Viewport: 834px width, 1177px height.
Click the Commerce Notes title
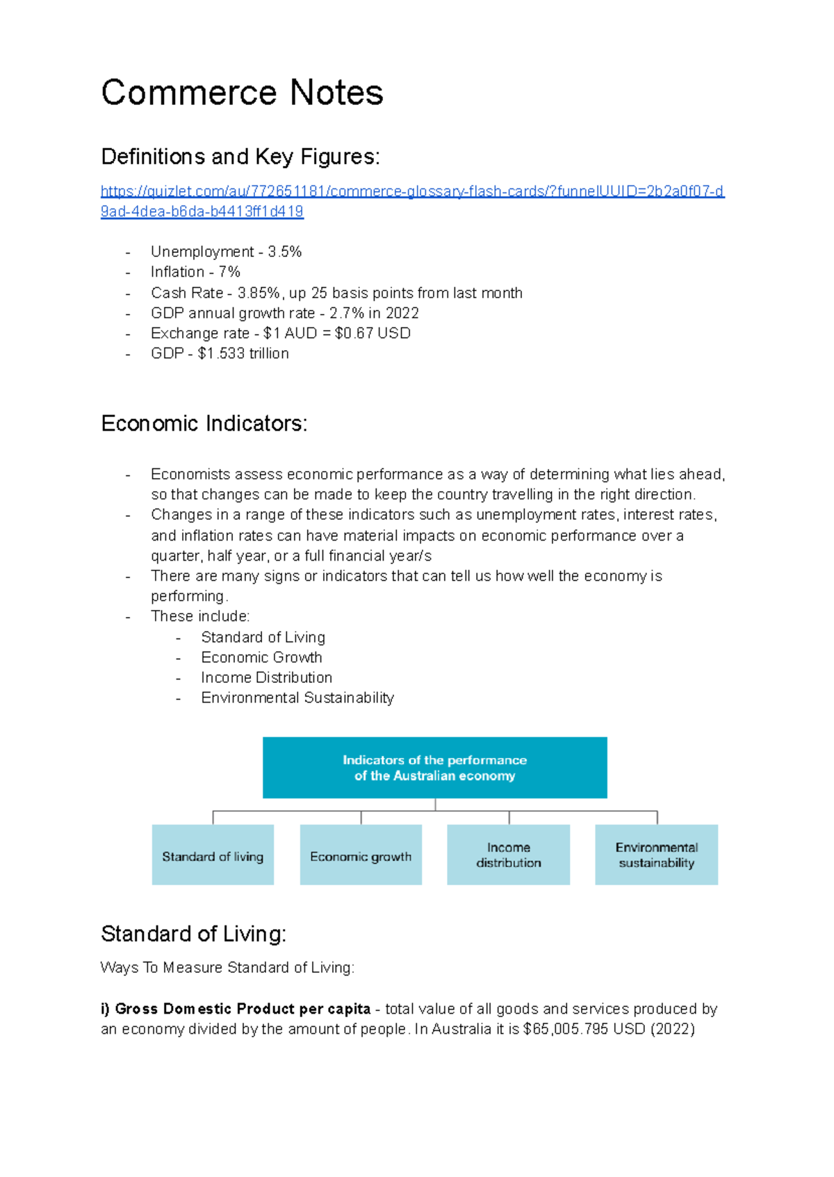point(242,92)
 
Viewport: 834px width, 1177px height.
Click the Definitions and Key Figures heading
point(240,157)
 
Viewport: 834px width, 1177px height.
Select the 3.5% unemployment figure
point(285,252)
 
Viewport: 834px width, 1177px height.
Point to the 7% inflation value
point(229,272)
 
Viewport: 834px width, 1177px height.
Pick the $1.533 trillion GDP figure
point(243,353)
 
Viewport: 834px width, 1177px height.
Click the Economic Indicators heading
point(204,423)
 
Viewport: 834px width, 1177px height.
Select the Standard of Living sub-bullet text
point(263,637)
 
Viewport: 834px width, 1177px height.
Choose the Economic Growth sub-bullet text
point(261,657)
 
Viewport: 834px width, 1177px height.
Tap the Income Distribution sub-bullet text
point(266,677)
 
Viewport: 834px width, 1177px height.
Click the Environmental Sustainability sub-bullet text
point(297,698)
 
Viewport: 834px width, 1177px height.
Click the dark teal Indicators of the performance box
point(434,768)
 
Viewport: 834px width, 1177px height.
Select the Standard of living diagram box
point(213,855)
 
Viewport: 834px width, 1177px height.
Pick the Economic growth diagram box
point(361,855)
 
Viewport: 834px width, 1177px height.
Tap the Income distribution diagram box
point(508,855)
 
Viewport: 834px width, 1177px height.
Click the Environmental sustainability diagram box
point(656,855)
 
